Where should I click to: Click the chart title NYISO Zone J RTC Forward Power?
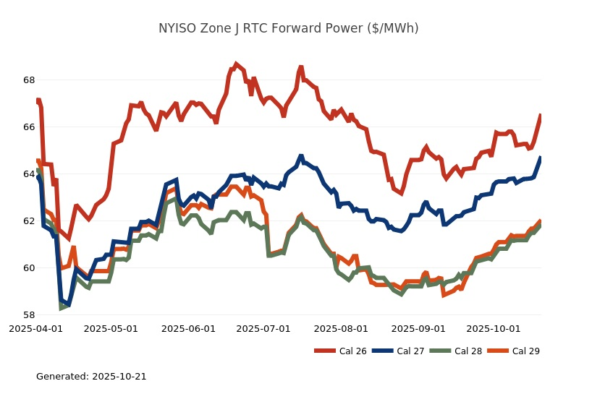(288, 29)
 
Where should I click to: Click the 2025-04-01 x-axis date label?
(35, 328)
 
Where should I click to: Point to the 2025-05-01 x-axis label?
(111, 328)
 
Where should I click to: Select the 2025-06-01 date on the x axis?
(188, 328)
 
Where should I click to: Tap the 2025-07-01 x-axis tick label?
(263, 328)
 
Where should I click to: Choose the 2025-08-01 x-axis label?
(341, 328)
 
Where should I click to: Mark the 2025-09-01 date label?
(418, 328)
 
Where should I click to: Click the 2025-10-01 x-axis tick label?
(494, 328)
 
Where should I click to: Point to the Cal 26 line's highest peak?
(236, 64)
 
